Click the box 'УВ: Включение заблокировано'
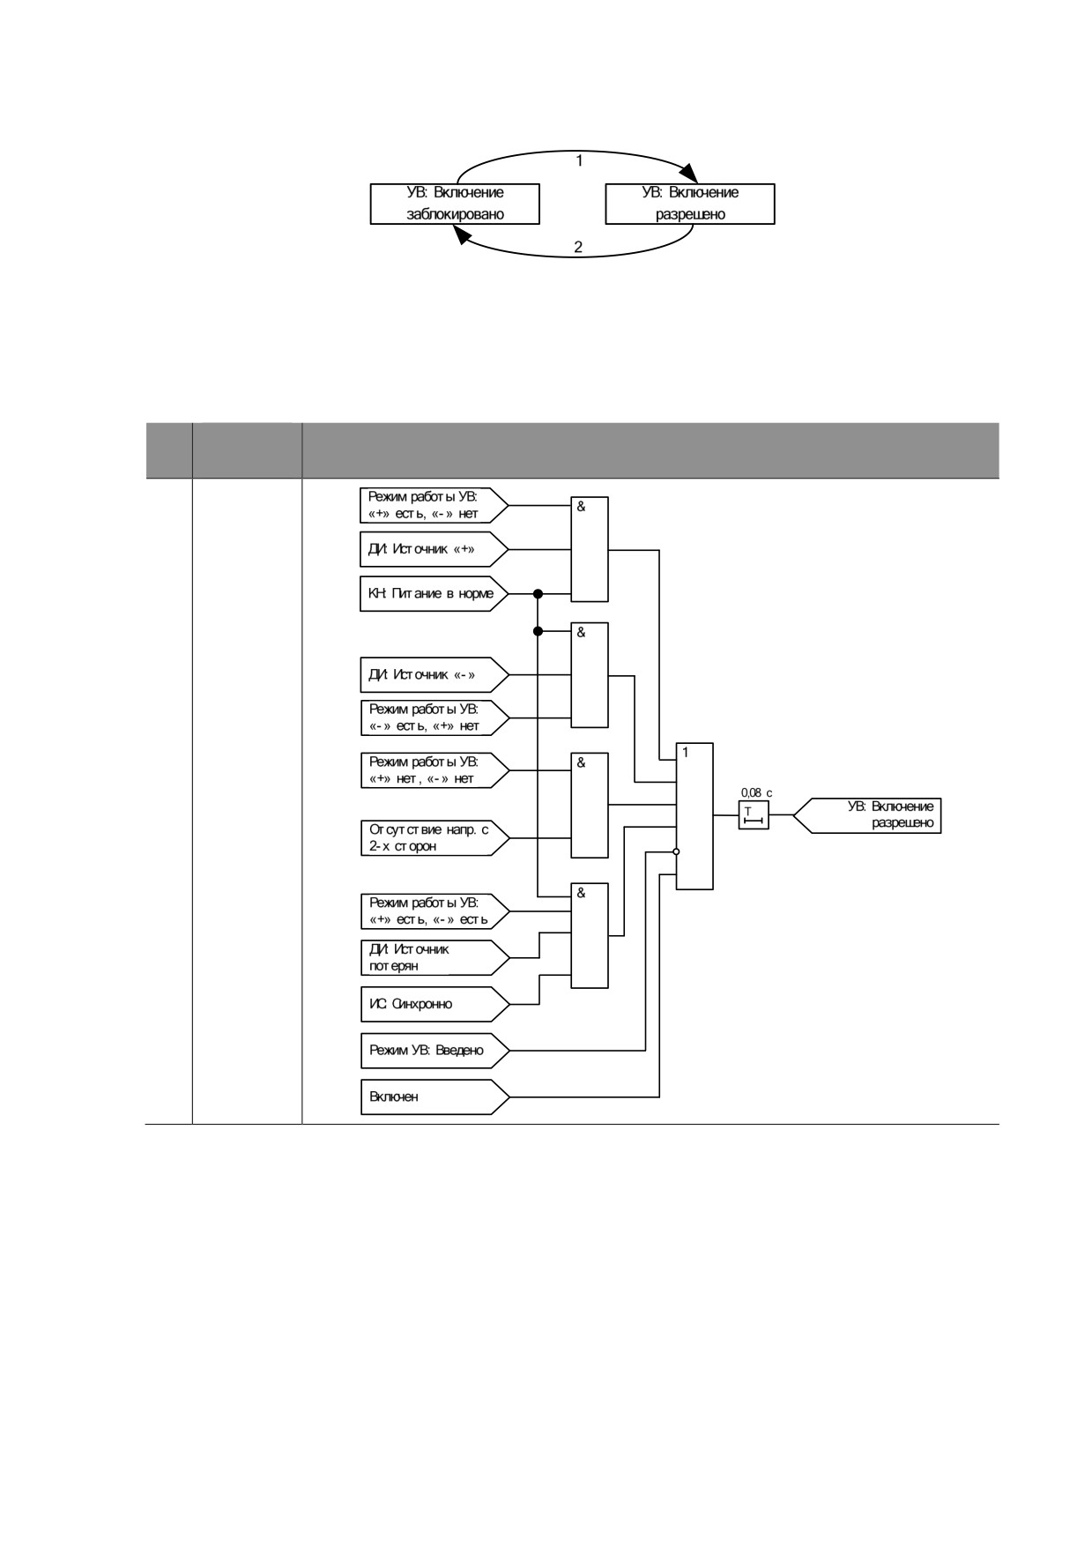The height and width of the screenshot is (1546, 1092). (x=455, y=204)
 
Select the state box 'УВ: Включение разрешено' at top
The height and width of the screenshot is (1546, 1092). (x=690, y=204)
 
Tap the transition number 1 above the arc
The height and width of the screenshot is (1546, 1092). (x=579, y=161)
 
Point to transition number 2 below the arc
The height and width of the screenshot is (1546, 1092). (x=578, y=247)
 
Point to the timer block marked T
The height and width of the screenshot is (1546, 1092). (x=754, y=815)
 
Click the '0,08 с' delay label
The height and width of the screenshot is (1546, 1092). (x=757, y=793)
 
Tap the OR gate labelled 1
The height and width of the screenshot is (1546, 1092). (x=695, y=816)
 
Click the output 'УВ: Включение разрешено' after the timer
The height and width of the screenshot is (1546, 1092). (x=867, y=815)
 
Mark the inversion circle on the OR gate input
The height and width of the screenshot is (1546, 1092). (x=676, y=851)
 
